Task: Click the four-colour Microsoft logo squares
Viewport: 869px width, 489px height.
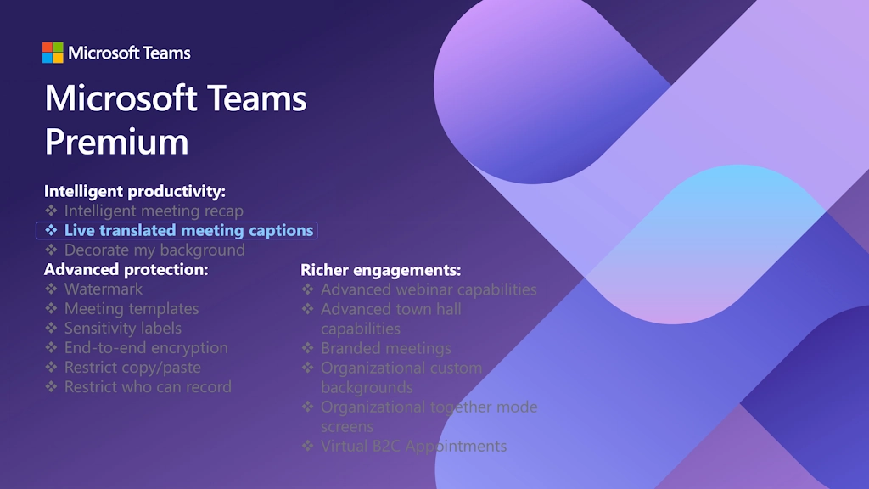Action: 53,53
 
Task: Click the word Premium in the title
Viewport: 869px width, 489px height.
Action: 116,142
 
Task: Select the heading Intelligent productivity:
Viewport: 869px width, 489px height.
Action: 135,191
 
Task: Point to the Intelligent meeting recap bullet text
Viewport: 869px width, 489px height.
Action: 154,211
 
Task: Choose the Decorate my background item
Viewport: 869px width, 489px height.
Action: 154,250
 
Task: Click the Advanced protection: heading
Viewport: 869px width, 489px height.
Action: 126,269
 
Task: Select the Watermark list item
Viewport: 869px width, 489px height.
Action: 103,289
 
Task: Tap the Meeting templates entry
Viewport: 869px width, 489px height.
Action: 132,308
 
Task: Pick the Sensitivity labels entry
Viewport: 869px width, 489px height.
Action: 123,329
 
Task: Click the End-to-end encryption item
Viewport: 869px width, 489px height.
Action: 146,347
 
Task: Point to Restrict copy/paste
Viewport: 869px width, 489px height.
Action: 132,367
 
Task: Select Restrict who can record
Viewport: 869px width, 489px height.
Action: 148,386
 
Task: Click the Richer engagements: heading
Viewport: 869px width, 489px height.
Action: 381,270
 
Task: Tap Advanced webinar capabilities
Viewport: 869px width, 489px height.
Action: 429,289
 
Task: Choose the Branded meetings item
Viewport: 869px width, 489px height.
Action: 386,348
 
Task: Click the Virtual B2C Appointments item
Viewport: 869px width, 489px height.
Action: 413,447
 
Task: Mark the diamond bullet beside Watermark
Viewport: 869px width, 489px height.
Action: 51,289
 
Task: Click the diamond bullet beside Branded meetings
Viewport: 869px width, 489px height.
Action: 307,348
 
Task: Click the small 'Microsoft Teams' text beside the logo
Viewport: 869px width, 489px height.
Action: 129,53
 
